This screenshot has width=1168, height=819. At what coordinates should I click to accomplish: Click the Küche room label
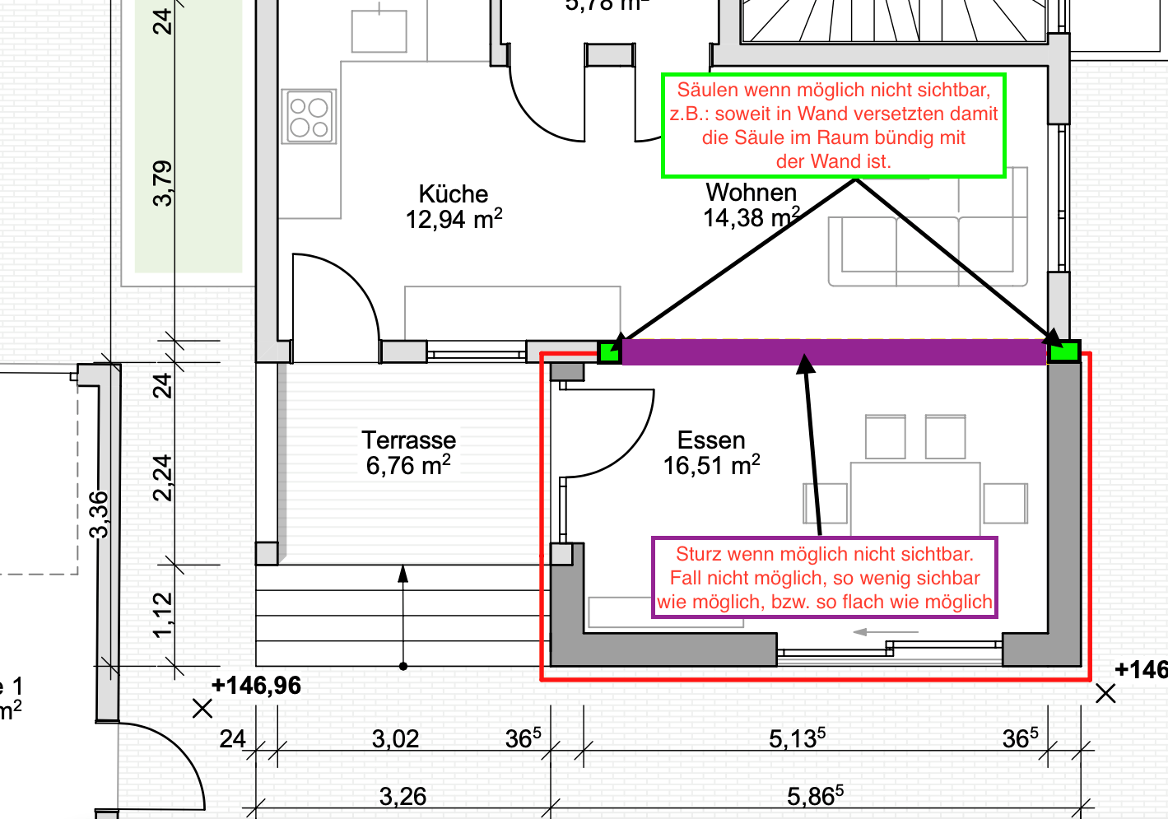point(453,194)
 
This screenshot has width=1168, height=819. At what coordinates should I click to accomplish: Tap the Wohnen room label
point(751,193)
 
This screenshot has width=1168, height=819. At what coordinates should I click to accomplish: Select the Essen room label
point(711,440)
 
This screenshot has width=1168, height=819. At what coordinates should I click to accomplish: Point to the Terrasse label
point(409,440)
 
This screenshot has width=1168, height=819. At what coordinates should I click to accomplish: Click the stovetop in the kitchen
point(309,116)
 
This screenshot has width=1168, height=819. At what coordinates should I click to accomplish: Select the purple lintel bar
point(835,352)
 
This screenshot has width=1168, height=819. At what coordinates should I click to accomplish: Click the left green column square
point(609,352)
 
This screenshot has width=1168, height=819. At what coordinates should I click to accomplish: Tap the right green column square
point(1063,351)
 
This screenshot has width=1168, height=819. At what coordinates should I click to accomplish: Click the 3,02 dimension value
point(395,739)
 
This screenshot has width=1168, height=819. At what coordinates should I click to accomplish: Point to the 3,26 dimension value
point(403,797)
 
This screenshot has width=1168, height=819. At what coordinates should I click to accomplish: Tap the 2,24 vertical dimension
point(163,477)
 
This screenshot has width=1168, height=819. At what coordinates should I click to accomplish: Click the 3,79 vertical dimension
point(163,184)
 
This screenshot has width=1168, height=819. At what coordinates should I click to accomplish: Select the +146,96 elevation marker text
point(256,686)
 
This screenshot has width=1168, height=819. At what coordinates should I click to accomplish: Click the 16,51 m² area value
point(711,465)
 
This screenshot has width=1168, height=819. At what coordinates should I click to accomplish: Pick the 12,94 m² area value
point(454,219)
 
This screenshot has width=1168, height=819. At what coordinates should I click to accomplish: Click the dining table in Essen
point(915,499)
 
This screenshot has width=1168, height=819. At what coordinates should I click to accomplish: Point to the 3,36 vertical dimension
point(99,514)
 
